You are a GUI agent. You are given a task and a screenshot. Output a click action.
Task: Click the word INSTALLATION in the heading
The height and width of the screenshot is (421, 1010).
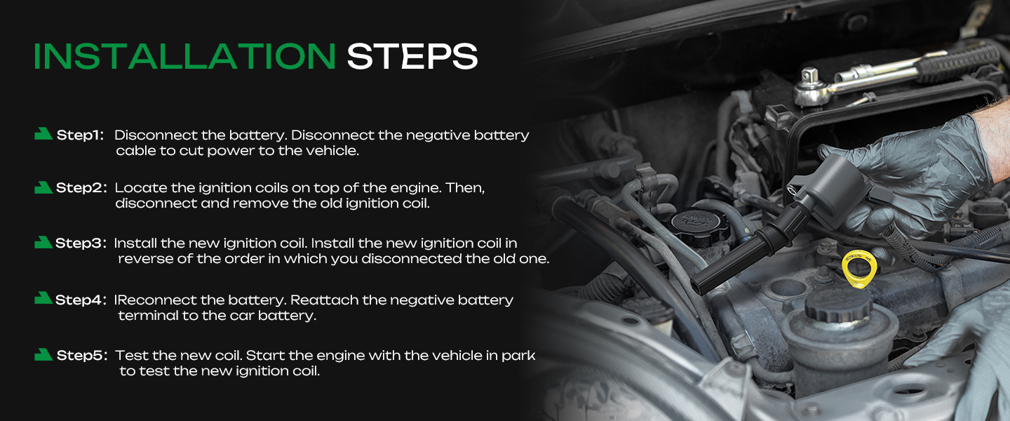(184, 56)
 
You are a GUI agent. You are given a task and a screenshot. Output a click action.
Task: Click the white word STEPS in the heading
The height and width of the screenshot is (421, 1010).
(412, 56)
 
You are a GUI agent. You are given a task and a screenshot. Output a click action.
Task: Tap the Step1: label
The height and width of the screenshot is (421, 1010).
(80, 135)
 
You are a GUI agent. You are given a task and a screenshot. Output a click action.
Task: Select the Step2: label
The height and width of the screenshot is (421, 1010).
(81, 188)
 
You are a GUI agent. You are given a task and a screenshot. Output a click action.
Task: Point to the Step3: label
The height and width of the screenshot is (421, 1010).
(81, 243)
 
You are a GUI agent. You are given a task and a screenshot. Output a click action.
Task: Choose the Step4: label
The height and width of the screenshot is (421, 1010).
(81, 300)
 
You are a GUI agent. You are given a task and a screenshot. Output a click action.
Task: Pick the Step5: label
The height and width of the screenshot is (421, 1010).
(82, 356)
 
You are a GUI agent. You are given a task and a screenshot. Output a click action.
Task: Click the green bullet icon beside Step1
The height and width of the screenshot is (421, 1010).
(43, 134)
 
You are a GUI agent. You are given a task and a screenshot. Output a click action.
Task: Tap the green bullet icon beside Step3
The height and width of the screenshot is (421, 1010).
(43, 242)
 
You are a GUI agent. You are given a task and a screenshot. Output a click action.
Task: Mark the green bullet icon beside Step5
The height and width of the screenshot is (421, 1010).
(43, 354)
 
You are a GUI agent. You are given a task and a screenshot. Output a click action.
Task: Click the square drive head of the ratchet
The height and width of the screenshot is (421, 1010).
(809, 75)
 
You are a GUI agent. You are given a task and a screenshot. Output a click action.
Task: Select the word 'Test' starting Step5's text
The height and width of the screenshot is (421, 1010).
(132, 356)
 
